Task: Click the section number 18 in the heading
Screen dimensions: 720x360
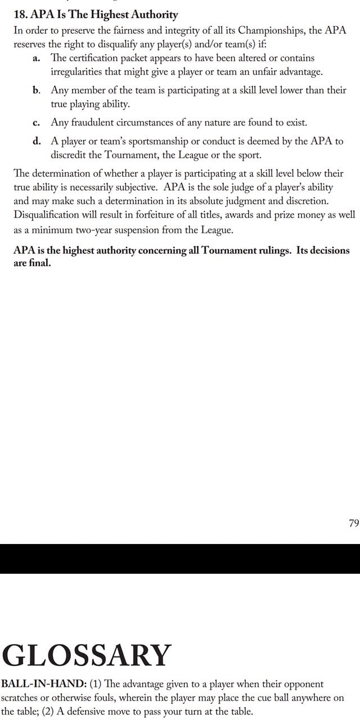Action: [19, 15]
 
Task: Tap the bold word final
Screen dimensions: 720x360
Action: [39, 263]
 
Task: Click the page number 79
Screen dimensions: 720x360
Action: [353, 523]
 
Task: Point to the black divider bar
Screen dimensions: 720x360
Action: [180, 559]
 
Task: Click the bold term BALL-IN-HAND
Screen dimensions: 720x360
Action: [43, 685]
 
